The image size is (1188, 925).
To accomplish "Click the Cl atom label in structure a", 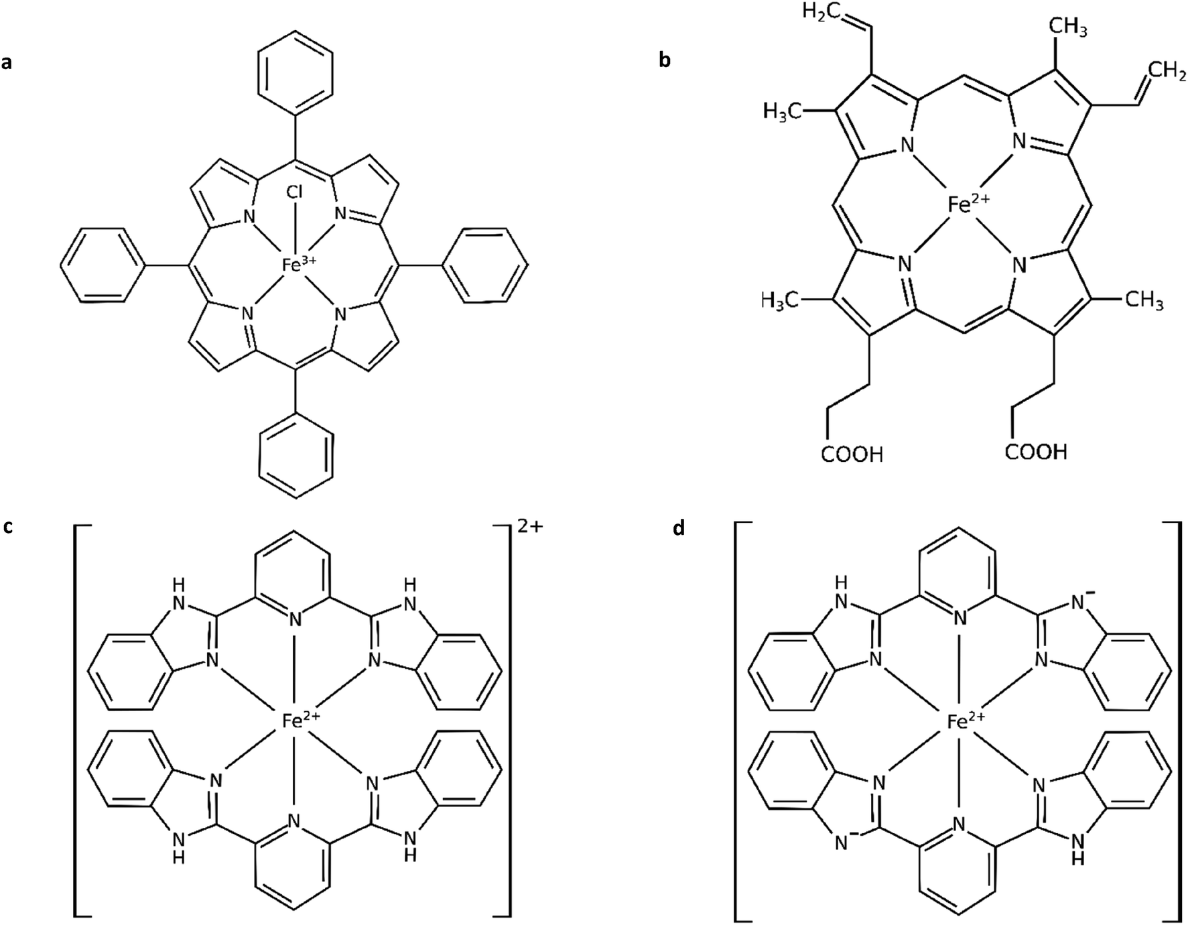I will point(295,193).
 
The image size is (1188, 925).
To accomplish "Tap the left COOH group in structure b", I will point(852,455).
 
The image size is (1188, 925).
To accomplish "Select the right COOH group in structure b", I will point(1036,452).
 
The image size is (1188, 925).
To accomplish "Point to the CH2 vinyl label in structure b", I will point(1165,70).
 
